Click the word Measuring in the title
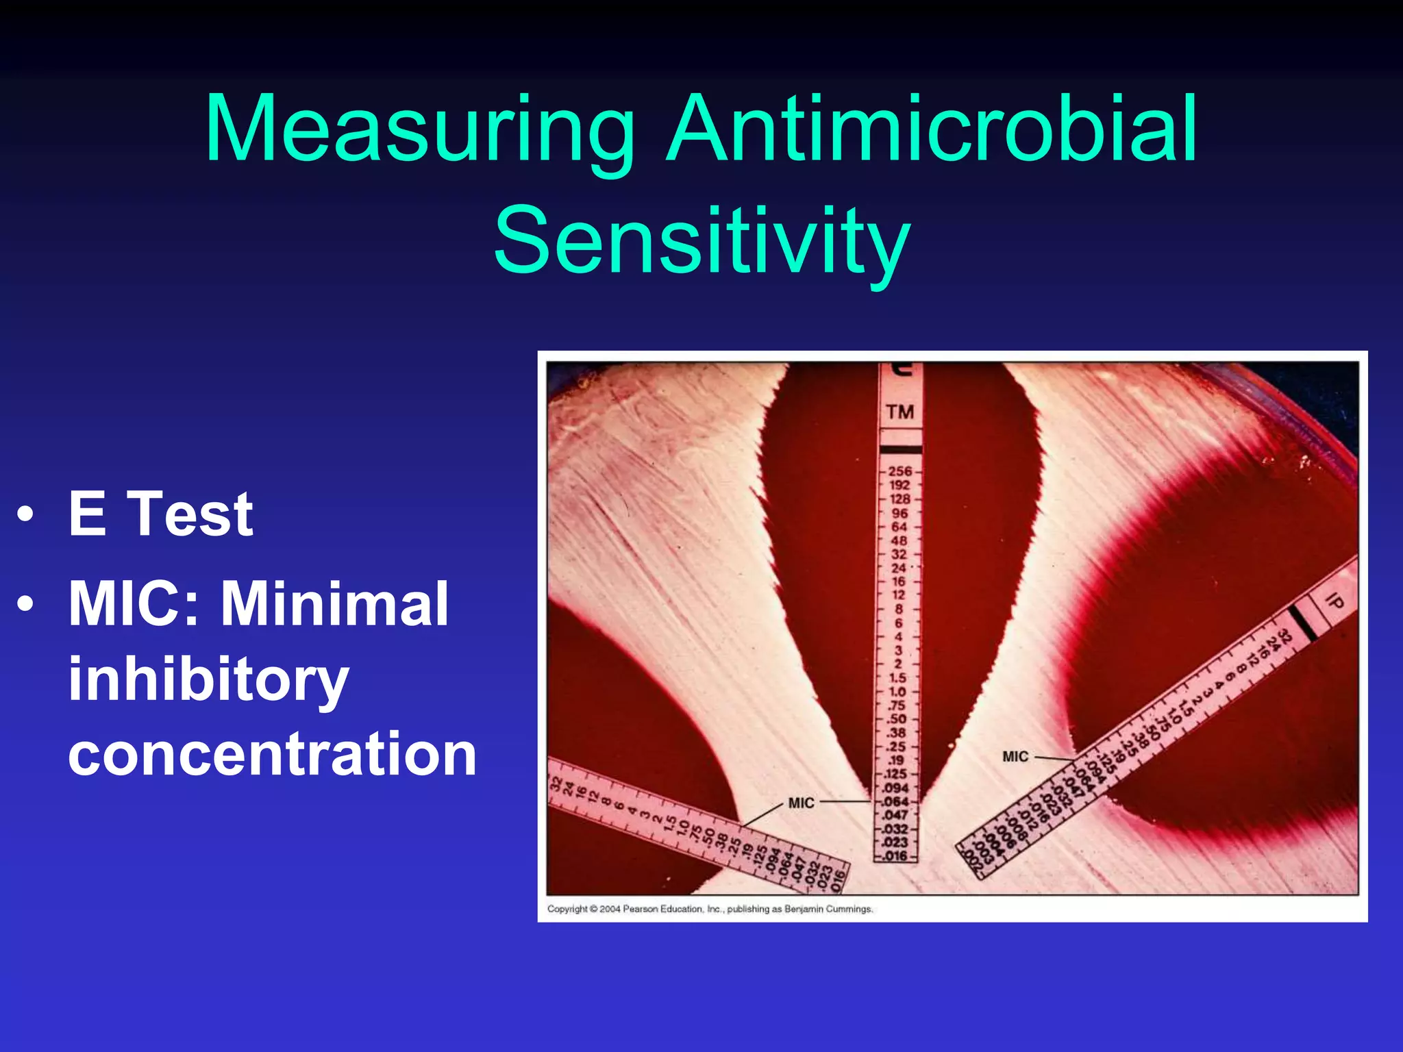click(x=419, y=130)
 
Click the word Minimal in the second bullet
click(x=334, y=603)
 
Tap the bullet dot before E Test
click(x=25, y=514)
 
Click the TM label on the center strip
click(x=899, y=412)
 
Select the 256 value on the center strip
click(x=899, y=471)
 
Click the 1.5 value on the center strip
click(x=897, y=677)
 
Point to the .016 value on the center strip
click(x=895, y=856)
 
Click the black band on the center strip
click(x=900, y=449)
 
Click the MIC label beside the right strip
click(x=1015, y=757)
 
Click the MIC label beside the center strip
click(x=801, y=803)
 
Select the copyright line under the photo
click(x=710, y=909)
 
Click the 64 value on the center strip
click(x=899, y=527)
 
